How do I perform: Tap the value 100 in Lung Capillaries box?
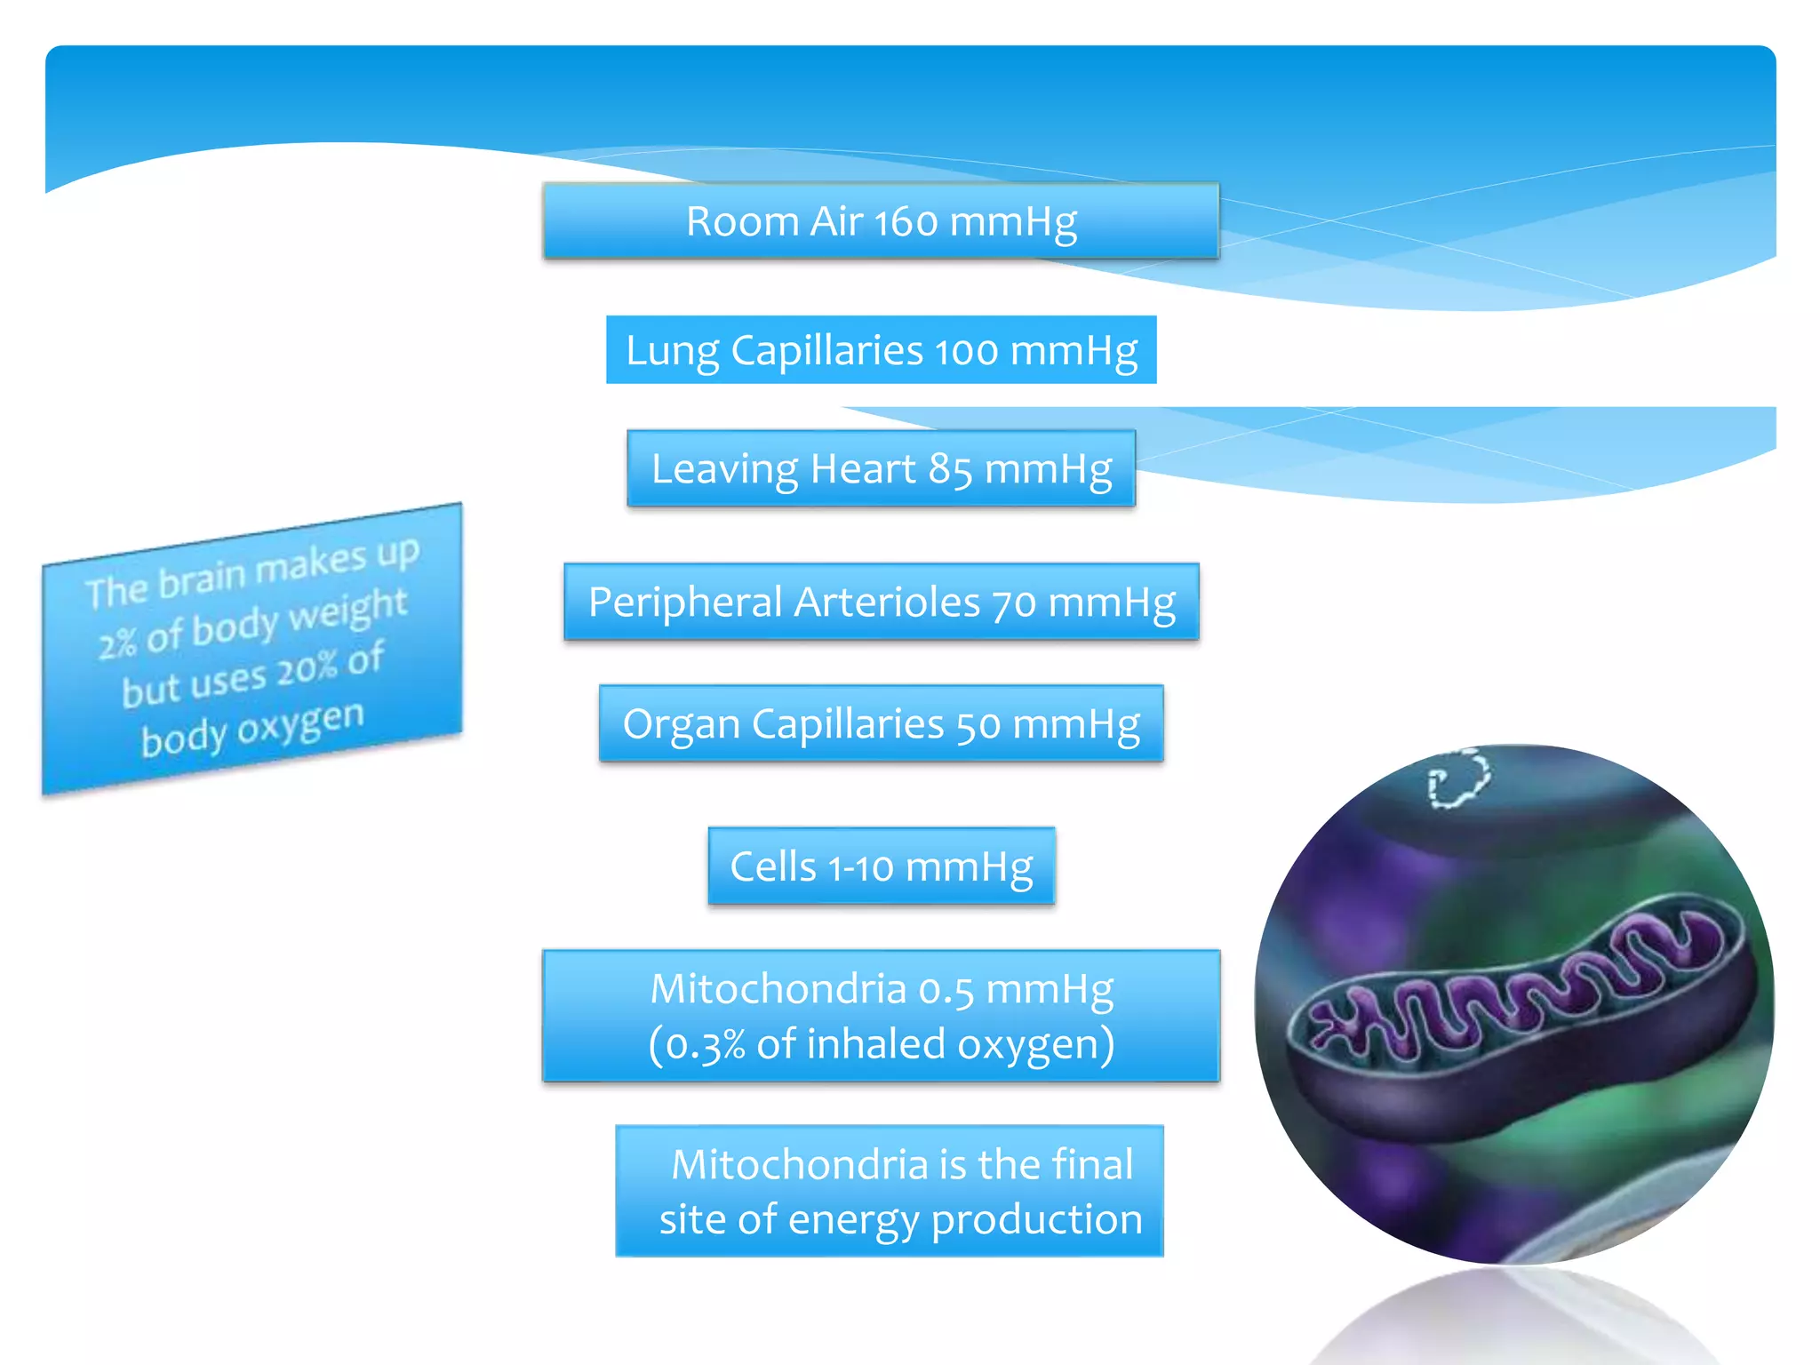(x=966, y=352)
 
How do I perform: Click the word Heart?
(x=862, y=469)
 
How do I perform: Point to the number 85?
(x=951, y=469)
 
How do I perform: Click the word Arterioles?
(x=887, y=603)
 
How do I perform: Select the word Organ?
(x=681, y=724)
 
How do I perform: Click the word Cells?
(x=772, y=866)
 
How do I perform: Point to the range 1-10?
(x=860, y=867)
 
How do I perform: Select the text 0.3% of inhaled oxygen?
(x=881, y=1044)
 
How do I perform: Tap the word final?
(x=1092, y=1165)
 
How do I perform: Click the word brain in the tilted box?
(x=202, y=579)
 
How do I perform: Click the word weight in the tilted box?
(x=347, y=611)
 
